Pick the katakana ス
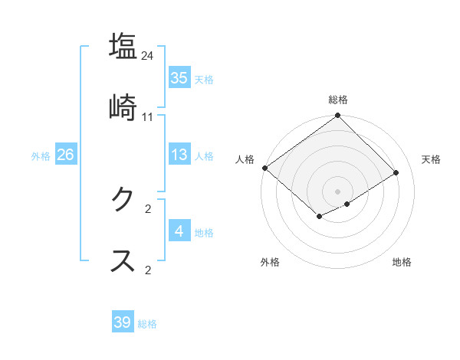pyautogui.click(x=123, y=260)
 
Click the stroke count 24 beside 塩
pyautogui.click(x=148, y=55)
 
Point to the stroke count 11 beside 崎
pyautogui.click(x=148, y=116)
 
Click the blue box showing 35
pyautogui.click(x=179, y=78)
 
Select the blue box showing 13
pyautogui.click(x=179, y=155)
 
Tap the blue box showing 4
pyautogui.click(x=179, y=231)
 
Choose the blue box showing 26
pyautogui.click(x=65, y=155)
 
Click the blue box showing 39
pyautogui.click(x=123, y=322)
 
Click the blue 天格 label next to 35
pyautogui.click(x=204, y=80)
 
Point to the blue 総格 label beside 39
pyautogui.click(x=147, y=324)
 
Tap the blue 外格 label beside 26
pyautogui.click(x=41, y=156)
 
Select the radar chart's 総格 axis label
pyautogui.click(x=338, y=100)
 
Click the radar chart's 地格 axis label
pyautogui.click(x=402, y=263)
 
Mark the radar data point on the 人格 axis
pyautogui.click(x=264, y=168)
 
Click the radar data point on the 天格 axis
pyautogui.click(x=396, y=172)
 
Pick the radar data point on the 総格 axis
pyautogui.click(x=338, y=116)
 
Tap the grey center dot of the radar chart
pyautogui.click(x=338, y=191)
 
